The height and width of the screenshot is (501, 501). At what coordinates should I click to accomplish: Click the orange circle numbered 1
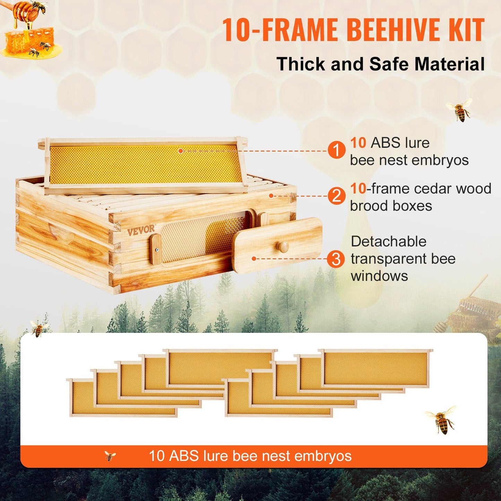click(x=336, y=150)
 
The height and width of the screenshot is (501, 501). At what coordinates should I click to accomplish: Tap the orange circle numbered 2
click(x=336, y=196)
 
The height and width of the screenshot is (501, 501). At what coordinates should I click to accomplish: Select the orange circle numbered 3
click(x=336, y=259)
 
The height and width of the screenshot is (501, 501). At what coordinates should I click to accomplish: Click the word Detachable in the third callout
click(x=389, y=242)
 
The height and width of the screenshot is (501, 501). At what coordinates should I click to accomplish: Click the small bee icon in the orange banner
click(x=110, y=456)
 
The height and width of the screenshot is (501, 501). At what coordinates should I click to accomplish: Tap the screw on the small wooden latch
click(x=156, y=250)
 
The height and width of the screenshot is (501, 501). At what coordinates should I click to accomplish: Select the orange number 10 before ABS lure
click(x=358, y=143)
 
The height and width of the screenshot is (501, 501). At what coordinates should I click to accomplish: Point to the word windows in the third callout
click(x=380, y=276)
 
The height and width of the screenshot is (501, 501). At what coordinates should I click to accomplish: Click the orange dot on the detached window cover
click(x=254, y=258)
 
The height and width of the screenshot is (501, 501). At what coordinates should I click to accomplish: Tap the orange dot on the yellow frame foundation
click(x=181, y=150)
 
